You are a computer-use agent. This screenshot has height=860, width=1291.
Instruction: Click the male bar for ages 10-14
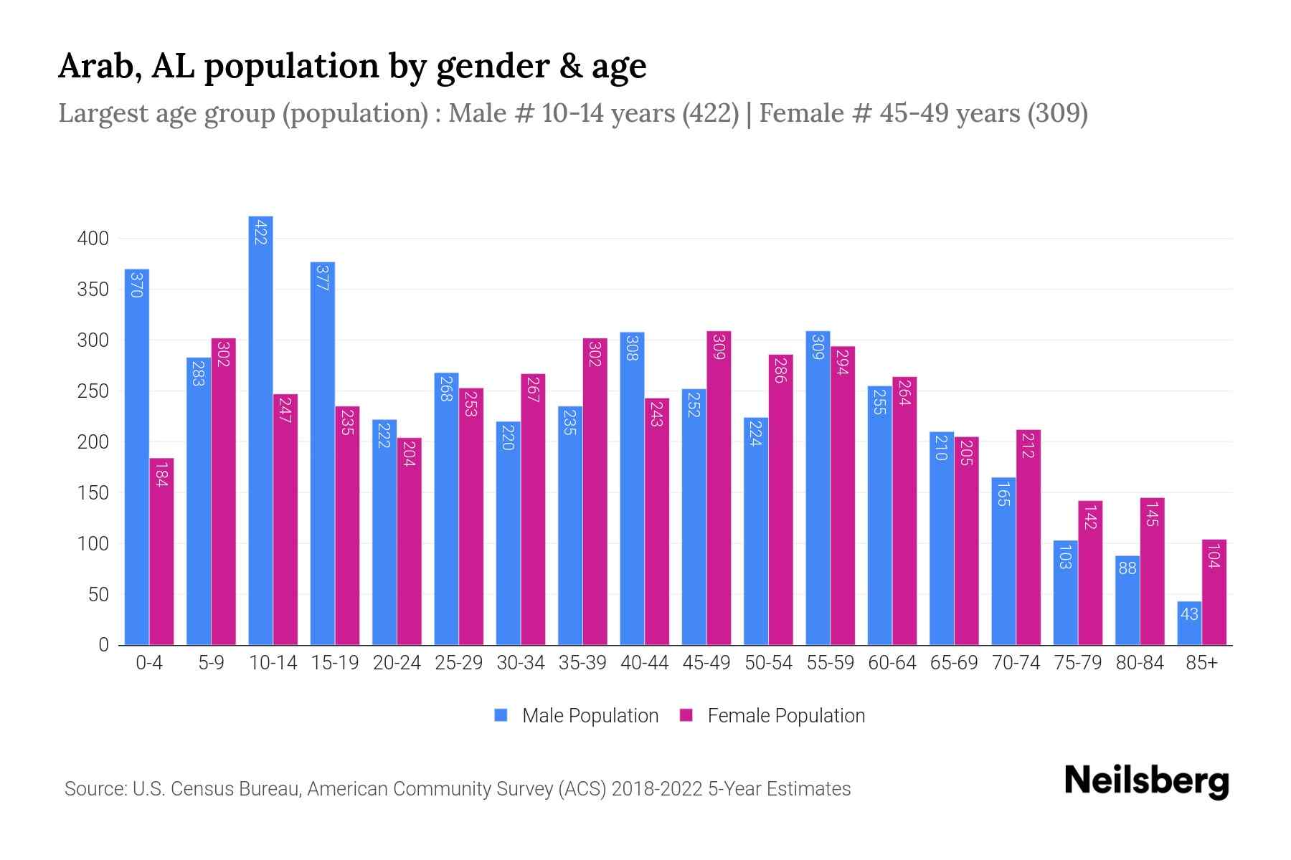pos(260,430)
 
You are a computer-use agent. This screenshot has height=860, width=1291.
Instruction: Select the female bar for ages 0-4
pos(161,552)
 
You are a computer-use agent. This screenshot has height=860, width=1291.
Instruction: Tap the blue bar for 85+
pos(1189,623)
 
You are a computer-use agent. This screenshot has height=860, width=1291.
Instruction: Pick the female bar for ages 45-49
pos(719,487)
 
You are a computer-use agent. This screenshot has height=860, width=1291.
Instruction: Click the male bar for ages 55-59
pos(818,487)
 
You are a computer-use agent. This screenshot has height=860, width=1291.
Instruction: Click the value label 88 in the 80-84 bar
pos(1127,568)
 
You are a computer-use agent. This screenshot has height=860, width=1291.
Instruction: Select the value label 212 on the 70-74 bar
pos(1028,445)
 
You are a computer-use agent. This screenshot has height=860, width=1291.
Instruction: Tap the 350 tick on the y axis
pos(93,290)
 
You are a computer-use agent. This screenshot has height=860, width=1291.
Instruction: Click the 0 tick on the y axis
pos(103,645)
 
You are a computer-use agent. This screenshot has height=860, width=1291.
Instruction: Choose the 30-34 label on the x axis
pos(521,663)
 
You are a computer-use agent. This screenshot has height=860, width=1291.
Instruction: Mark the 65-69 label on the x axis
pos(954,663)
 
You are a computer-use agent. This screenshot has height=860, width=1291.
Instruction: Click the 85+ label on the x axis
pos(1201,663)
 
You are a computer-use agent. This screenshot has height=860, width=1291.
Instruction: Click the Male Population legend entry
pos(590,716)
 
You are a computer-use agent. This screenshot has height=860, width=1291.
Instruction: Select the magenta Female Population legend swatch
pos(686,715)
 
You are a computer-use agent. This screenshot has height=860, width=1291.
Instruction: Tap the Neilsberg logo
pos(1146,781)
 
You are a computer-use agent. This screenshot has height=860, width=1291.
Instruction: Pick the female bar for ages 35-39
pos(595,491)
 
